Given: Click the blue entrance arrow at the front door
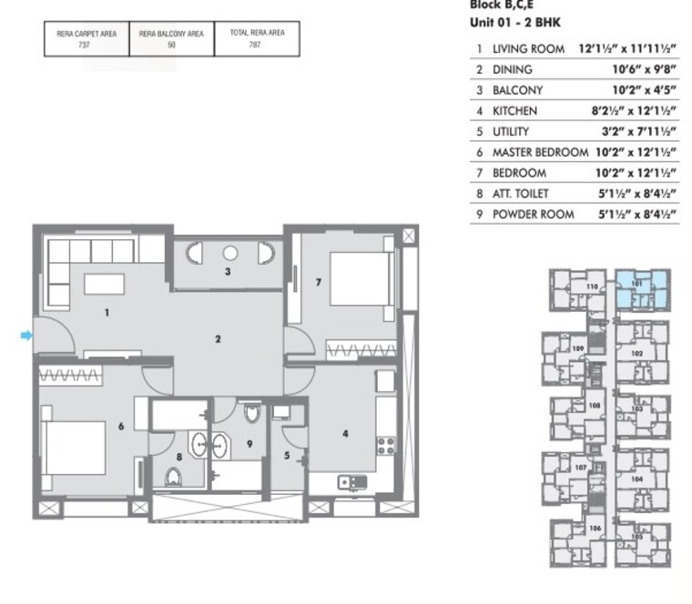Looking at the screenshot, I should click(x=26, y=336).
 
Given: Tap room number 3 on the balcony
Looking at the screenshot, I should click(x=228, y=271).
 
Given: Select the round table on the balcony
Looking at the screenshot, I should click(x=229, y=253).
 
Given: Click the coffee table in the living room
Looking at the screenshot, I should click(x=104, y=284).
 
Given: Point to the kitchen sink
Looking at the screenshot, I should click(x=349, y=481).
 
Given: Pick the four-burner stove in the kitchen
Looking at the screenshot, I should click(x=385, y=447).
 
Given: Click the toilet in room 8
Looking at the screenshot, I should click(x=174, y=476).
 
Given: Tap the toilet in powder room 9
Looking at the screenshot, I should click(x=252, y=415).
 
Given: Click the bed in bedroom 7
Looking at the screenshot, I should click(x=358, y=278).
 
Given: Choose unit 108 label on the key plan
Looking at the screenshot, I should click(x=594, y=406).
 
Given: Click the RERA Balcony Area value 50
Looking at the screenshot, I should click(x=171, y=45).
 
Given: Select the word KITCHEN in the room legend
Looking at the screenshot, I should click(x=514, y=111).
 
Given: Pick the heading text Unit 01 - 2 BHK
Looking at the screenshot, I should click(x=514, y=20).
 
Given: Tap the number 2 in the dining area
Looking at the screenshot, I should click(x=219, y=339).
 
